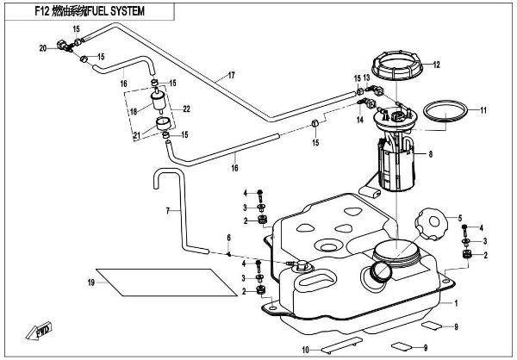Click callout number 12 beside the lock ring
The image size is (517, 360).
[436, 65]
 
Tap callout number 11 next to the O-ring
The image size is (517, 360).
[483, 110]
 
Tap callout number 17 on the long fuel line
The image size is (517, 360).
[232, 76]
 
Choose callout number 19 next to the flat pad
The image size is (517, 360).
[90, 282]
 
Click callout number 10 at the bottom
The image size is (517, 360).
[305, 349]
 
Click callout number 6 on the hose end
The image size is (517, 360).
[228, 237]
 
